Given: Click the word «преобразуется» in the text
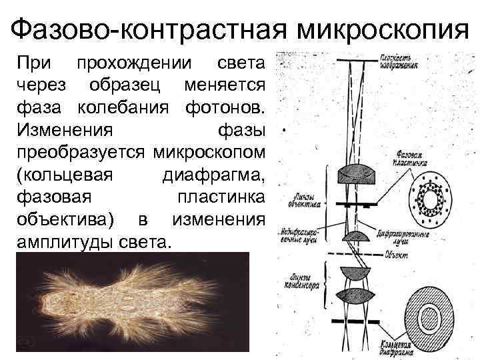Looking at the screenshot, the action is click(x=81, y=151).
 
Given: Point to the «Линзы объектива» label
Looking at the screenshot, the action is click(x=303, y=199).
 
